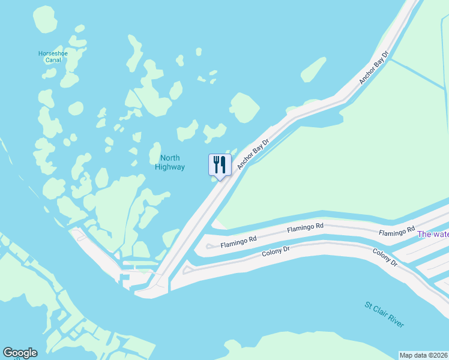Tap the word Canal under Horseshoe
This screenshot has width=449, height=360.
pos(53,61)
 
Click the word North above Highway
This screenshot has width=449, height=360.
pos(170,158)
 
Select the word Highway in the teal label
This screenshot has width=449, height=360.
pos(170,167)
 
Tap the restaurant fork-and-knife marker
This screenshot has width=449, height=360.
pos(220,164)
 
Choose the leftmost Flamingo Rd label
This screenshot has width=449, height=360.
pos(238,241)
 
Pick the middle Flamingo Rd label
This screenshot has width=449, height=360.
pos(305,227)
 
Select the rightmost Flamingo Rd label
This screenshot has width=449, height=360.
pos(397,231)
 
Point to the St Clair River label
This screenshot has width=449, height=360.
pos(385,314)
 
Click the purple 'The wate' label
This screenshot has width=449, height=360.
pos(433,234)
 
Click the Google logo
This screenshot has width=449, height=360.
pos(20,353)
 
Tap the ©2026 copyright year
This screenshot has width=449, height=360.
pos(439,355)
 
